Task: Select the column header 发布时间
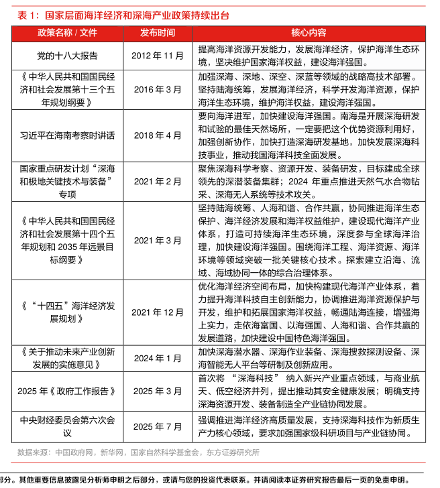pyautogui.click(x=158, y=33)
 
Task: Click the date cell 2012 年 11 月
pyautogui.click(x=158, y=56)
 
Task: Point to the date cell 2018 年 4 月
pyautogui.click(x=158, y=135)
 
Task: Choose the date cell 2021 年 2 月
pyautogui.click(x=158, y=181)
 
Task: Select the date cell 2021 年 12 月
pyautogui.click(x=158, y=312)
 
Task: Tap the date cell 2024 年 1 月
pyautogui.click(x=158, y=358)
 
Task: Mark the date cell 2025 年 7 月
pyautogui.click(x=158, y=426)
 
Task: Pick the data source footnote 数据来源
pyautogui.click(x=138, y=452)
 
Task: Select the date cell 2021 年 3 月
pyautogui.click(x=158, y=240)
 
